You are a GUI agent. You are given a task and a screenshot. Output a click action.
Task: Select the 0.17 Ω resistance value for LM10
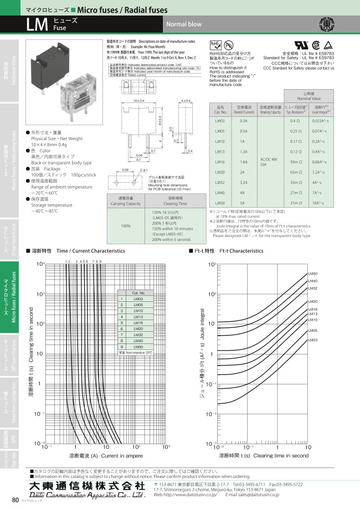click(x=296, y=141)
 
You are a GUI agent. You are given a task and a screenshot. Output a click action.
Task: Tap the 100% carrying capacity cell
click(x=126, y=226)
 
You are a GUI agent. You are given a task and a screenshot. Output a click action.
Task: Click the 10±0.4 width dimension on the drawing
click(x=140, y=100)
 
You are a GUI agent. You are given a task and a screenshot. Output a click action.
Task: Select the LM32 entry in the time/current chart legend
click(x=138, y=335)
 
